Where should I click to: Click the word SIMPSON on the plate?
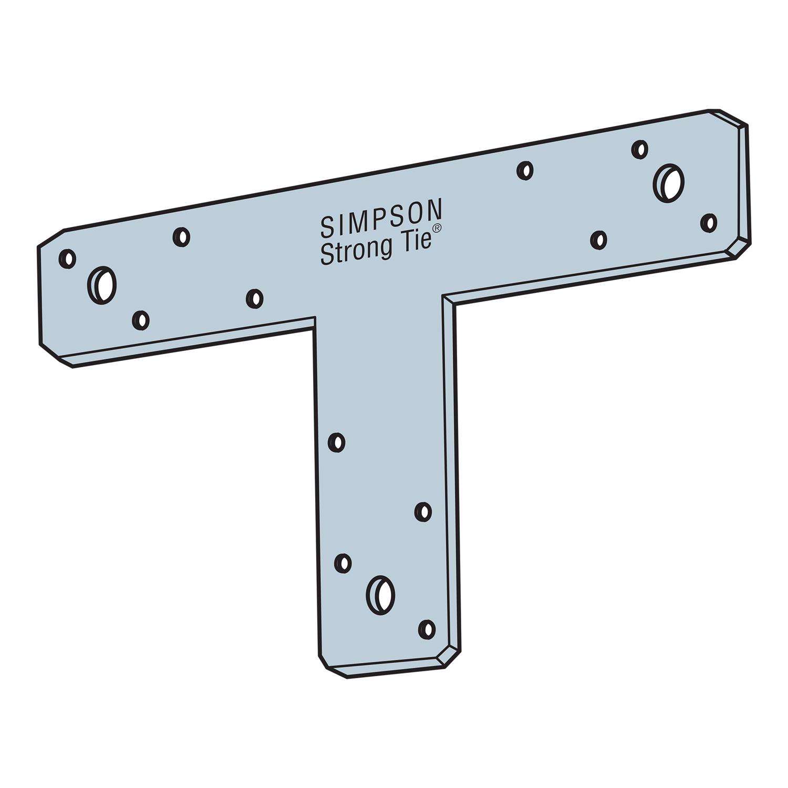click(x=381, y=217)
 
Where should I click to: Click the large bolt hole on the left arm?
click(x=102, y=285)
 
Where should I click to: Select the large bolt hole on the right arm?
click(x=669, y=182)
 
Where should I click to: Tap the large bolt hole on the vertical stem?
click(x=380, y=595)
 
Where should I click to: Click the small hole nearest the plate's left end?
click(x=68, y=258)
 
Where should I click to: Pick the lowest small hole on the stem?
click(x=427, y=629)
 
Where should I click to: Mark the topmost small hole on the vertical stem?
click(x=337, y=442)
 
